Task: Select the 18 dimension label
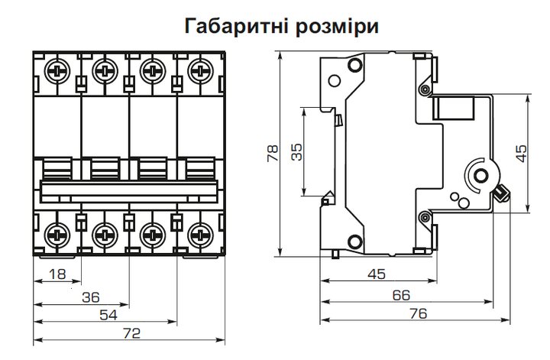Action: click(56, 274)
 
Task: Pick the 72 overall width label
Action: click(131, 333)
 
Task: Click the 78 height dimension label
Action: click(272, 154)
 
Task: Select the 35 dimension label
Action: click(297, 152)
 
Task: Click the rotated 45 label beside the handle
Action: click(521, 154)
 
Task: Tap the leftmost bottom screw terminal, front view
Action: click(57, 232)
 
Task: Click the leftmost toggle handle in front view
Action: click(58, 167)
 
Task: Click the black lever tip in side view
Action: click(503, 193)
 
